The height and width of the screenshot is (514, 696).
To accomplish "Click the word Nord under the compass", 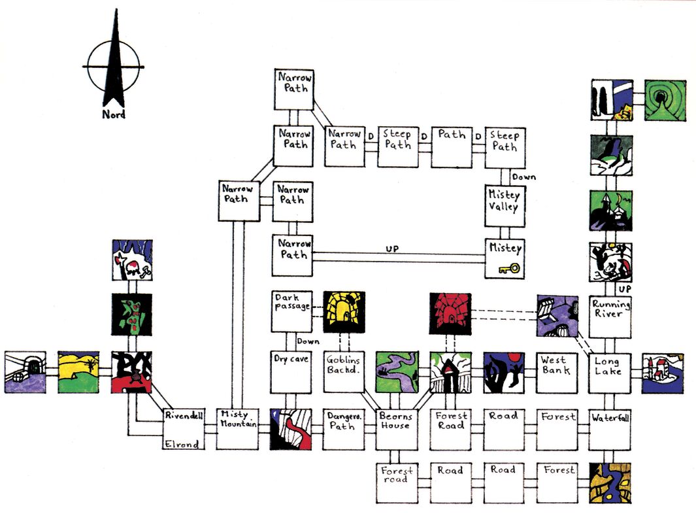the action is pos(114,114).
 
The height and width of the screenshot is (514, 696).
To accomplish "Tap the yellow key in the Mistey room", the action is pos(509,268).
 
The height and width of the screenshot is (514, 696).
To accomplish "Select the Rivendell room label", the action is pos(184,416).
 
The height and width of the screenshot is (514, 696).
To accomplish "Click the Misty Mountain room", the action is pos(238,429).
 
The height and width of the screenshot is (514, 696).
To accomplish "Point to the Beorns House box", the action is pos(397,430).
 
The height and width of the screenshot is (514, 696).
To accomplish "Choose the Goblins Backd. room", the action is pos(344,372).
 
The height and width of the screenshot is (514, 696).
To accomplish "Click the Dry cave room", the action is pos(291,372).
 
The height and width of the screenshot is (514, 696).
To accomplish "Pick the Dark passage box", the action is pos(291,311).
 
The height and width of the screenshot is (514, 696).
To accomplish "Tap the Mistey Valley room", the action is pos(505,206).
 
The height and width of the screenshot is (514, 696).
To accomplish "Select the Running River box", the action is pos(610,317).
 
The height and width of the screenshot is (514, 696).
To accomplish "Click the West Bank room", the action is pos(557,373).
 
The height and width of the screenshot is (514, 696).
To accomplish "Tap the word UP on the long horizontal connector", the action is pos(392,248).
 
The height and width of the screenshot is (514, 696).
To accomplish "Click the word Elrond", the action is pos(182,444).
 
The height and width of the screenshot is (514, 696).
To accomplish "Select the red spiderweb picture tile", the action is pos(450,313).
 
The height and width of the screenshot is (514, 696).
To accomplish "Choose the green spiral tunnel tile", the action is pos(665,100).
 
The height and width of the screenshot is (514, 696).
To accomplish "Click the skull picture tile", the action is pos(132,260).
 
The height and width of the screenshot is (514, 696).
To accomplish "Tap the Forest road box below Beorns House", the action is pos(397,483).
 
